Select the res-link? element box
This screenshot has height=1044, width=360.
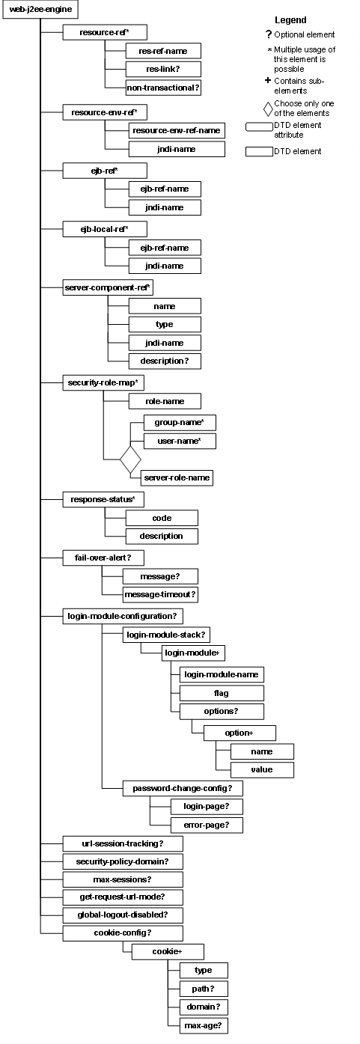coord(153,69)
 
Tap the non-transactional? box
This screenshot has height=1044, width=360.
coord(153,88)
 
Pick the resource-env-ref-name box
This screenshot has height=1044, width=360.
coord(177,130)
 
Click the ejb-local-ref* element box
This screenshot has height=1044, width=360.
coord(104,229)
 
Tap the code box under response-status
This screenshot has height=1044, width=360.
coord(162,518)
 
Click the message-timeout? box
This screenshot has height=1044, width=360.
coord(160,594)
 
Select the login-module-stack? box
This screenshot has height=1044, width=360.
coord(165,634)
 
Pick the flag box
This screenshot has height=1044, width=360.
coord(221,693)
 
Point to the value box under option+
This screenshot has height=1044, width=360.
coord(262,769)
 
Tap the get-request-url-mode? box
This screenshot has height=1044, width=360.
coord(122,897)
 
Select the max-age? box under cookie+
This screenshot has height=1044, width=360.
coord(204,1025)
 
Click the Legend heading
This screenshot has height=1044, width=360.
coord(290,20)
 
